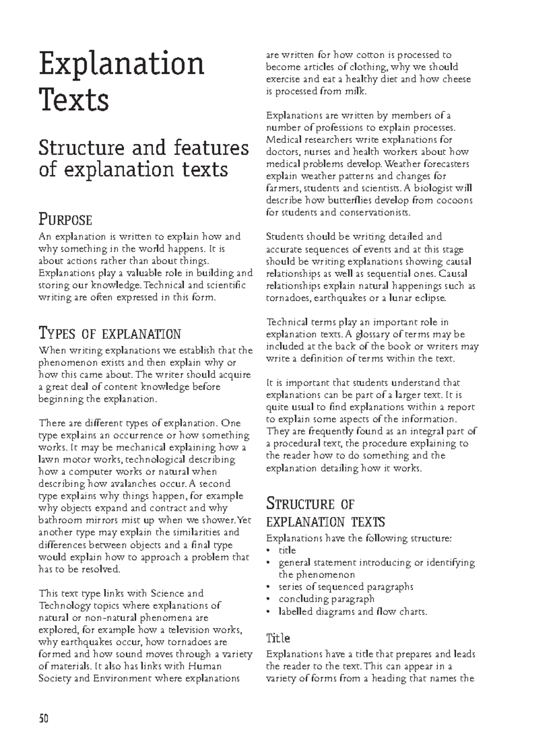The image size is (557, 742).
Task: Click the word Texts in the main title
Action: click(74, 100)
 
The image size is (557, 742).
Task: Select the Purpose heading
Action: click(65, 219)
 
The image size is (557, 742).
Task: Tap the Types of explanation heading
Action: click(110, 334)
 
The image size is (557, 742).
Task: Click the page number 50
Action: click(44, 719)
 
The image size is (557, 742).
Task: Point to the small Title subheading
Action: click(278, 639)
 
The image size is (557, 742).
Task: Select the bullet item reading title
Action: click(287, 550)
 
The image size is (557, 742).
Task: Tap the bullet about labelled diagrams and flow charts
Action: click(353, 611)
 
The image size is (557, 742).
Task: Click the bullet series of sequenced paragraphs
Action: click(346, 587)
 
